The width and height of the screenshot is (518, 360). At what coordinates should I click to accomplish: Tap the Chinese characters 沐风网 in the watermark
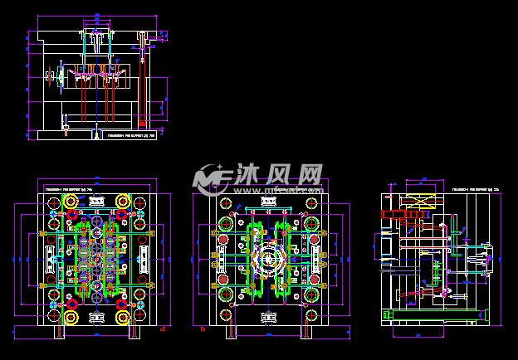(276, 174)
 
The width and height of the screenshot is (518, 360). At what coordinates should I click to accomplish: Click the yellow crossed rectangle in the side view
(416, 201)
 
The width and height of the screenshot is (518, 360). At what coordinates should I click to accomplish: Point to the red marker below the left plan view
(163, 329)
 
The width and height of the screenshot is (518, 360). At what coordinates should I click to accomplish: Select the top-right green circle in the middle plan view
(313, 202)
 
